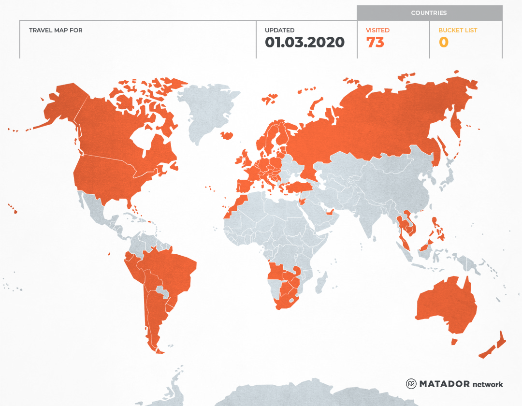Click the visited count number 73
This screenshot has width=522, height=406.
pos(375,43)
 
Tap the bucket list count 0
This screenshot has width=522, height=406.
pos(443,43)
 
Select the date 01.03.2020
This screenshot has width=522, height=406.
pos(304,43)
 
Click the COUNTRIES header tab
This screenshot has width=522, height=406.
pos(429,13)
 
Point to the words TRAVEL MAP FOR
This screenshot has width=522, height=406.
pos(56,30)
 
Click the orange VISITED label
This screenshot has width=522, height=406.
pos(377,30)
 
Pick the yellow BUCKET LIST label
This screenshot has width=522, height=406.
pos(457,30)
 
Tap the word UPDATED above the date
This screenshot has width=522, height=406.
pos(279,30)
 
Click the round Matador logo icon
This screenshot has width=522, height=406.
pos(411,384)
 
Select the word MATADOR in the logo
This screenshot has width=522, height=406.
pos(444,384)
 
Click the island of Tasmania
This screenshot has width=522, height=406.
pos(454,342)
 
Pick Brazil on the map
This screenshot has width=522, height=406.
pos(174,271)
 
